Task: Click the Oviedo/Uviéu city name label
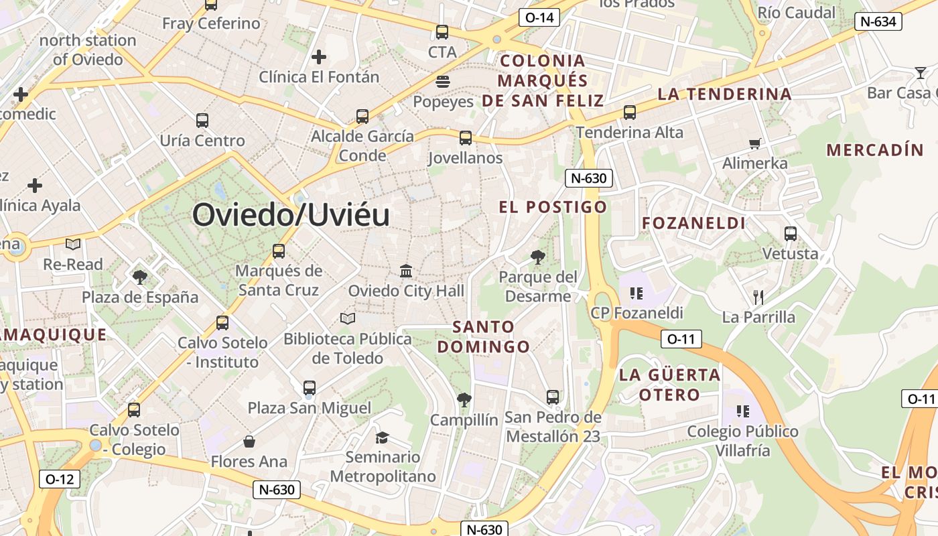[291, 216]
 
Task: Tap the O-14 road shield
[539, 17]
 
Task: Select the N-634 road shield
[877, 21]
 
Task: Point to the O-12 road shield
[60, 479]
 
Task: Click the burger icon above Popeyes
[442, 82]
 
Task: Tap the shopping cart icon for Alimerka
[755, 143]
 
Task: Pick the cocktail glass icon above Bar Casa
[921, 72]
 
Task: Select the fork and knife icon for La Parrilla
[758, 297]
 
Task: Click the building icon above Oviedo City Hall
[406, 271]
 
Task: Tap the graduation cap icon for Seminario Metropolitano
[382, 438]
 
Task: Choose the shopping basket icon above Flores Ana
[249, 442]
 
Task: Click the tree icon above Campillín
[464, 400]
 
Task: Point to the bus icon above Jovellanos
[466, 138]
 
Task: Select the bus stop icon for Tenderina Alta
[630, 113]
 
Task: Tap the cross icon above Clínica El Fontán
[319, 57]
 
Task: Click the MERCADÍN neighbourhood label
[875, 149]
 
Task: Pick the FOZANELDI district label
[694, 223]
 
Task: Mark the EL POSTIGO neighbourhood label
[553, 207]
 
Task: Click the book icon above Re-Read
[73, 245]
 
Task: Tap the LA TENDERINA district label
[725, 94]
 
